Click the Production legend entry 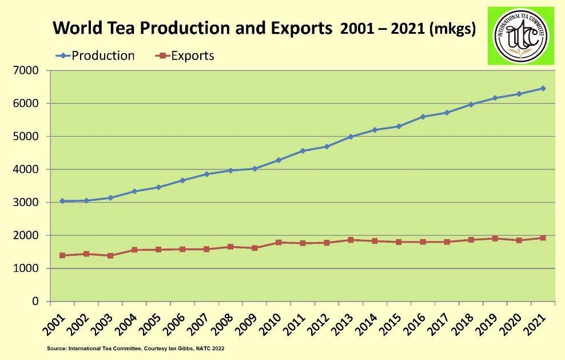pyautogui.click(x=96, y=56)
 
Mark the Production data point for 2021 pyautogui.click(x=543, y=88)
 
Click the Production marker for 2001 pyautogui.click(x=62, y=201)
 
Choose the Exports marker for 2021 pyautogui.click(x=543, y=238)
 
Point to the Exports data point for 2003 pyautogui.click(x=110, y=255)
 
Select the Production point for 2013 pyautogui.click(x=351, y=137)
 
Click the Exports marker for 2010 pyautogui.click(x=278, y=242)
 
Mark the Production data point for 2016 pyautogui.click(x=423, y=117)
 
